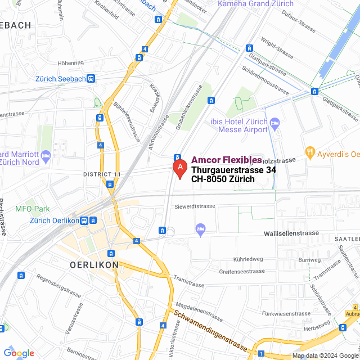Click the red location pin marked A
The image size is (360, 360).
179,168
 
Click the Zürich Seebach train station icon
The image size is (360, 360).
91,79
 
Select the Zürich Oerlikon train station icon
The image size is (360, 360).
84,220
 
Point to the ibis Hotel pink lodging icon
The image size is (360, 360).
274,122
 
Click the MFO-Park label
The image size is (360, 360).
33,209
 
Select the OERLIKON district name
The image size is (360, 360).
94,264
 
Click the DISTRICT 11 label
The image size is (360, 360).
102,174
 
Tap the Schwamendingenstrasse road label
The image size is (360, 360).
210,329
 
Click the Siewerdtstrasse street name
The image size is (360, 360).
195,206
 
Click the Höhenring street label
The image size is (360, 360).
70,63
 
